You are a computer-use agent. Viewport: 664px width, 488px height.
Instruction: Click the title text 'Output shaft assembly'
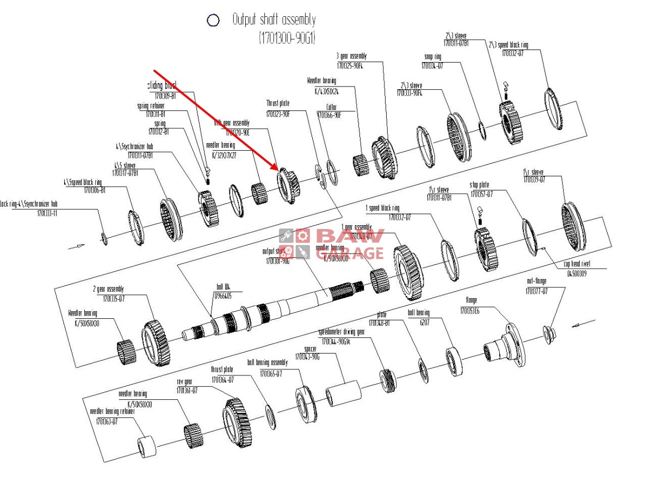274,21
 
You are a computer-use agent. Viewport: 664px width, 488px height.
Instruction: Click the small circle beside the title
213,21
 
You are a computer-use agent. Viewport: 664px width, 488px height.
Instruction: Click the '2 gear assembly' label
108,289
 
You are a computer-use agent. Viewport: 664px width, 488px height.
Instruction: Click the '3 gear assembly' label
351,56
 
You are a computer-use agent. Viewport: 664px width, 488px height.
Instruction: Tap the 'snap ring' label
432,57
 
